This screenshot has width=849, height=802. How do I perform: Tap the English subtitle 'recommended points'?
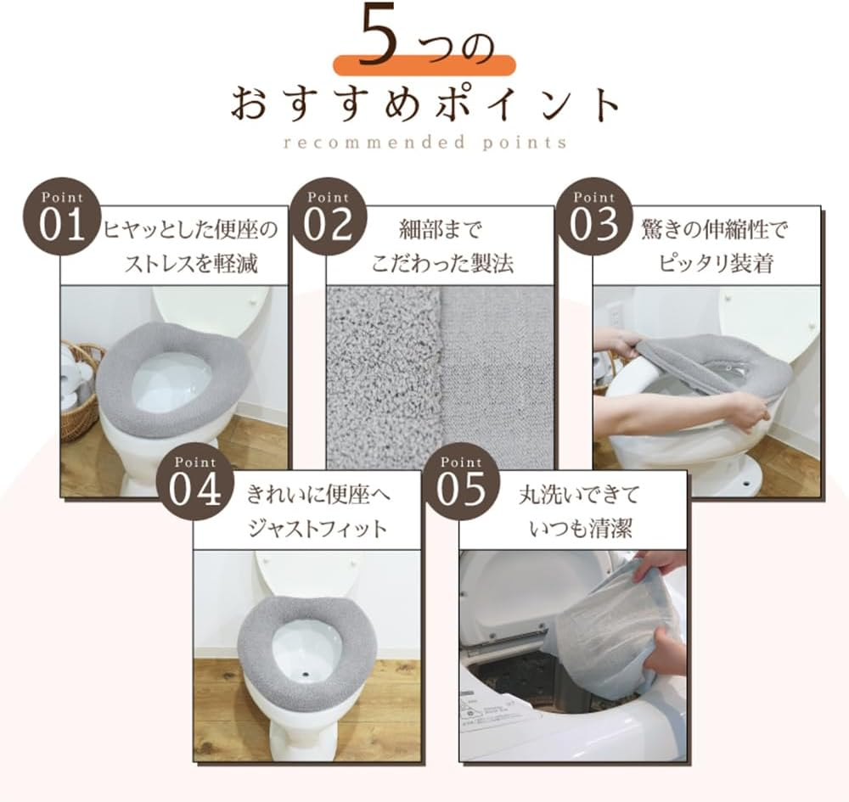(x=424, y=142)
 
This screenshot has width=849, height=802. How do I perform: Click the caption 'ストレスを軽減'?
(x=191, y=262)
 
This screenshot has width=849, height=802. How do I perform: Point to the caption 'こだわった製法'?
(x=441, y=262)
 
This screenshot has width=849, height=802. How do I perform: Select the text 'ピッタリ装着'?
(x=716, y=262)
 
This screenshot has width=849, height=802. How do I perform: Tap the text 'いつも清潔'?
(x=582, y=528)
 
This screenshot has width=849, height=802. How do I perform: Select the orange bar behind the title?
(x=424, y=66)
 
